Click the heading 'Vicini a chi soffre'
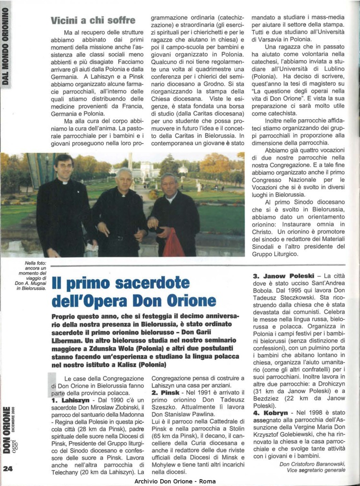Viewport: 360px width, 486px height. (93, 20)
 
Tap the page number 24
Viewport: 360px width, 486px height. (9, 470)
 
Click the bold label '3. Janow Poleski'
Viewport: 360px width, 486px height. (283, 276)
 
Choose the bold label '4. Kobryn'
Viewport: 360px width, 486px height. (269, 412)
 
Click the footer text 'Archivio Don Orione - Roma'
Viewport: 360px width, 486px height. (175, 481)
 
